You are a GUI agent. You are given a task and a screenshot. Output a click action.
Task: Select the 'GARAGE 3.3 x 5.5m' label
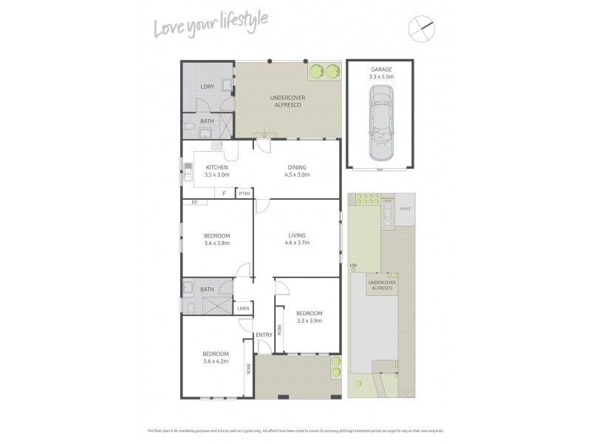[381, 73]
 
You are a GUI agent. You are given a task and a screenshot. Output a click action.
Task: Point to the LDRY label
[206, 87]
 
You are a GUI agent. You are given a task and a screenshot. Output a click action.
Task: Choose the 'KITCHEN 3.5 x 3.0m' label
[217, 171]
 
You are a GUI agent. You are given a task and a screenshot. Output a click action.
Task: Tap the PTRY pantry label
[244, 194]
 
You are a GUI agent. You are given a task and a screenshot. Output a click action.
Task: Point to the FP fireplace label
[194, 202]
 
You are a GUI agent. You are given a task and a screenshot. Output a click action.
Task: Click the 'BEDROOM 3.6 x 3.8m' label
[217, 239]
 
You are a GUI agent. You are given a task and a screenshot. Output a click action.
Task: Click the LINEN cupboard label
[243, 308]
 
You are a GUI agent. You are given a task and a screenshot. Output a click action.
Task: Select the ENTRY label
[264, 335]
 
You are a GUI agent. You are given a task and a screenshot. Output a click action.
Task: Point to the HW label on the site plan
[353, 266]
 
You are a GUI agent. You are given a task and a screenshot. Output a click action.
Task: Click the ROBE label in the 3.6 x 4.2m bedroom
[249, 367]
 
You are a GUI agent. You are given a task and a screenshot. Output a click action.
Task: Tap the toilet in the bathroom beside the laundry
[188, 130]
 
